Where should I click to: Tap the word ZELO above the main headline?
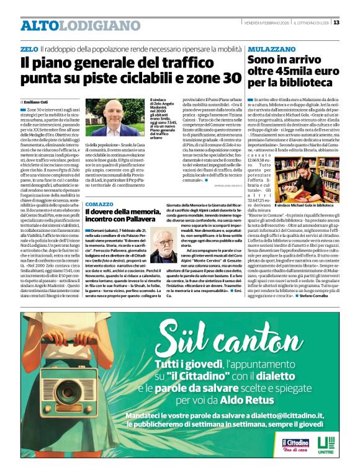tap(29, 48)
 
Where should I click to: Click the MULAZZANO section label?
tap(271, 48)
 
